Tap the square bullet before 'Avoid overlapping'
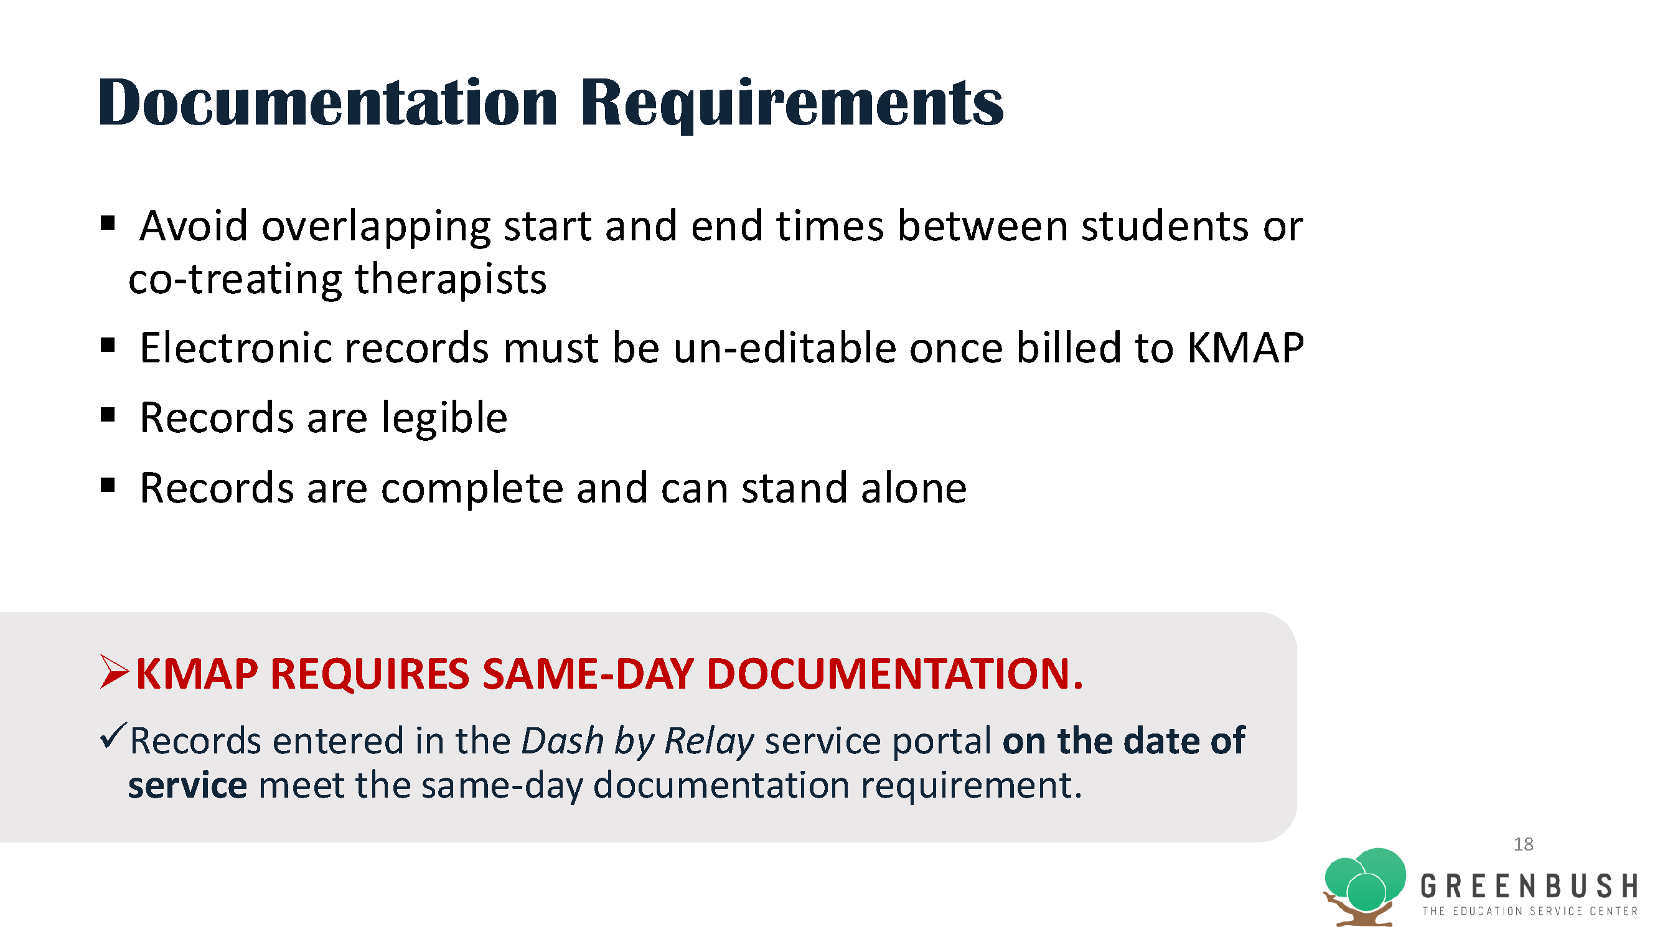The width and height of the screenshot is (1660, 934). pyautogui.click(x=108, y=223)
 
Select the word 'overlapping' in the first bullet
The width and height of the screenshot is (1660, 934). pyautogui.click(x=375, y=227)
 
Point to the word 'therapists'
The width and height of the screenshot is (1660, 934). pyautogui.click(x=451, y=280)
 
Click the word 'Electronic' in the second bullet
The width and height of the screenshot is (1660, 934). pyautogui.click(x=235, y=348)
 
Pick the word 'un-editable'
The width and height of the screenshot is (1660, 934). pyautogui.click(x=784, y=348)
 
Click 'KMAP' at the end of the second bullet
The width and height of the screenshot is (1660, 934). pyautogui.click(x=1245, y=348)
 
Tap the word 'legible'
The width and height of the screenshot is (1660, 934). pyautogui.click(x=444, y=420)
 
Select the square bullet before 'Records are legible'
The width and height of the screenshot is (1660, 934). pyautogui.click(x=108, y=414)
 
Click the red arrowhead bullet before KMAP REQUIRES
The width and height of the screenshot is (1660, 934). pyautogui.click(x=115, y=672)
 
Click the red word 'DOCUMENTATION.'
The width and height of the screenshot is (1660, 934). pyautogui.click(x=895, y=674)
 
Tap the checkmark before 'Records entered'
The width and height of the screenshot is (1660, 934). pyautogui.click(x=113, y=735)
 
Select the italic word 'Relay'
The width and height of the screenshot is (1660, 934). pyautogui.click(x=709, y=742)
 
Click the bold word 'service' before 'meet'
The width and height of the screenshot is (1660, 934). pyautogui.click(x=187, y=786)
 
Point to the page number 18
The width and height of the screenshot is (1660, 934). pyautogui.click(x=1524, y=844)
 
